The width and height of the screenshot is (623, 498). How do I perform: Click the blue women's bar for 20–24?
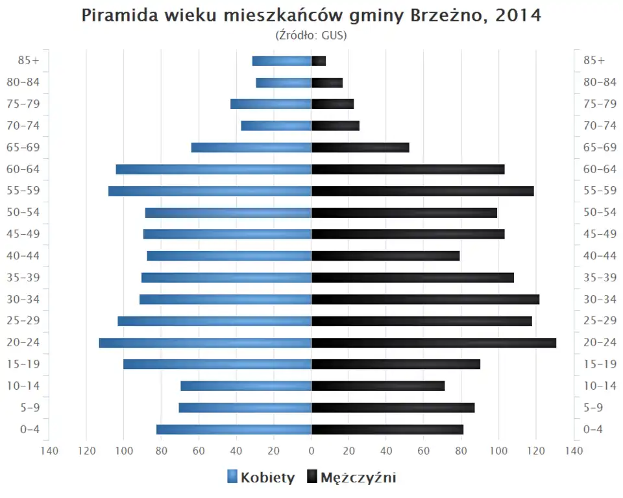click(x=205, y=342)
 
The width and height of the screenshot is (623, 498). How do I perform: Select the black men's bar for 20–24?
click(x=434, y=342)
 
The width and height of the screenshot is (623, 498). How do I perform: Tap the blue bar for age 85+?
click(x=282, y=61)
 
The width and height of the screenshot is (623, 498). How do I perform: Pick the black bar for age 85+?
click(x=319, y=61)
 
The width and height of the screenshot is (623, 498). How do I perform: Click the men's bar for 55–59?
click(x=422, y=191)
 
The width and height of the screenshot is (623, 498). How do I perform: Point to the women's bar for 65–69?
click(x=251, y=147)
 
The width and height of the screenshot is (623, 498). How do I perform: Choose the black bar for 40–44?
click(x=385, y=255)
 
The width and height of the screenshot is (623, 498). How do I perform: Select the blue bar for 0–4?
click(x=234, y=429)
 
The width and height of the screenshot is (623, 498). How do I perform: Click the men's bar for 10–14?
click(x=378, y=386)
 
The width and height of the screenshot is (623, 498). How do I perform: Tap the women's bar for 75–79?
click(x=271, y=104)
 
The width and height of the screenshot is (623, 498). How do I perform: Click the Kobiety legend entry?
click(x=261, y=478)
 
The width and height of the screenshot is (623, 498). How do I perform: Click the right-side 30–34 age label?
click(x=600, y=299)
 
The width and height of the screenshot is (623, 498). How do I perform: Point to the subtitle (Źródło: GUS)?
click(x=311, y=35)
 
